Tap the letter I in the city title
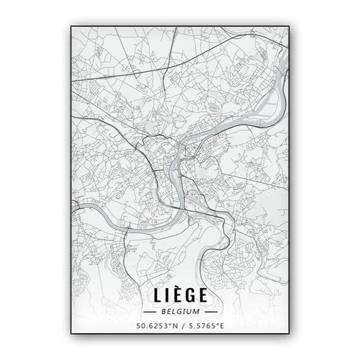(166, 296)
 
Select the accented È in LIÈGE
(176, 296)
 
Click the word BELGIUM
(180, 312)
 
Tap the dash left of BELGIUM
(152, 312)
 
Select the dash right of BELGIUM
(208, 312)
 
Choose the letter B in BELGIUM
(165, 312)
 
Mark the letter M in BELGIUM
(195, 312)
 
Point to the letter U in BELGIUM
(189, 312)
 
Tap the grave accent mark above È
(176, 288)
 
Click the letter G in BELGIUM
(180, 312)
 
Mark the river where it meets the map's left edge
(73, 210)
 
